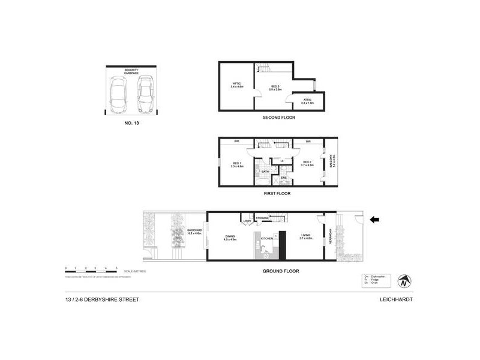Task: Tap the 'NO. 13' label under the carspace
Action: pos(131,122)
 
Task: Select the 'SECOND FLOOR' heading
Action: pos(279,118)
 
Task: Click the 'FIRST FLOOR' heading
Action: pos(277,193)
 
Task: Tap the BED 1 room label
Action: pos(237,164)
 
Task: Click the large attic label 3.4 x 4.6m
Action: pos(236,85)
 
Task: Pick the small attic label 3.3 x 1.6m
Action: pos(307,101)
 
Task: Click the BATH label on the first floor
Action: pos(265,171)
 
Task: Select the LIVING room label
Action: pos(306,238)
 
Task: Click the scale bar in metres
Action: pos(91,268)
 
